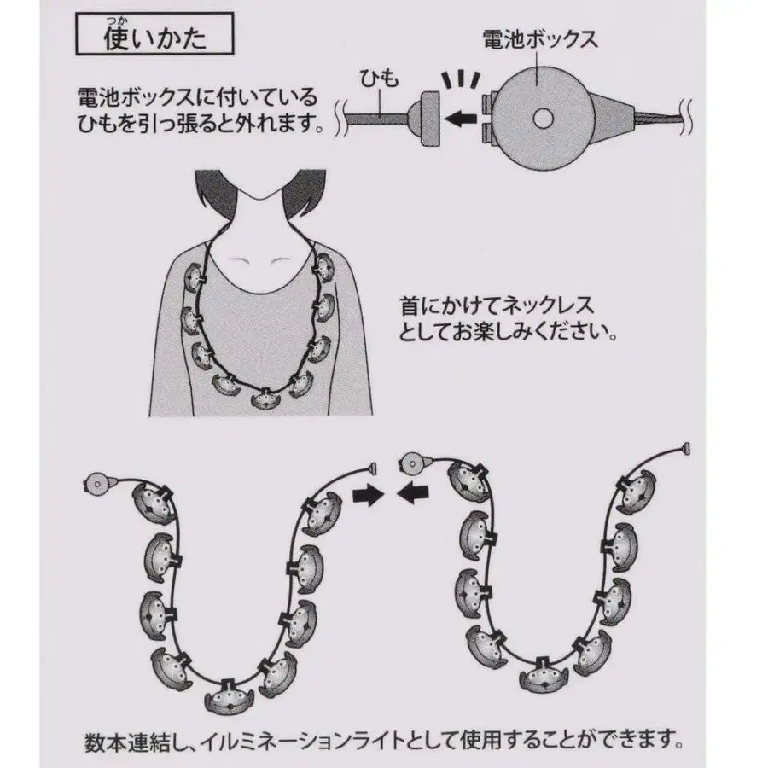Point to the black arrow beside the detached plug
(464, 119)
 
